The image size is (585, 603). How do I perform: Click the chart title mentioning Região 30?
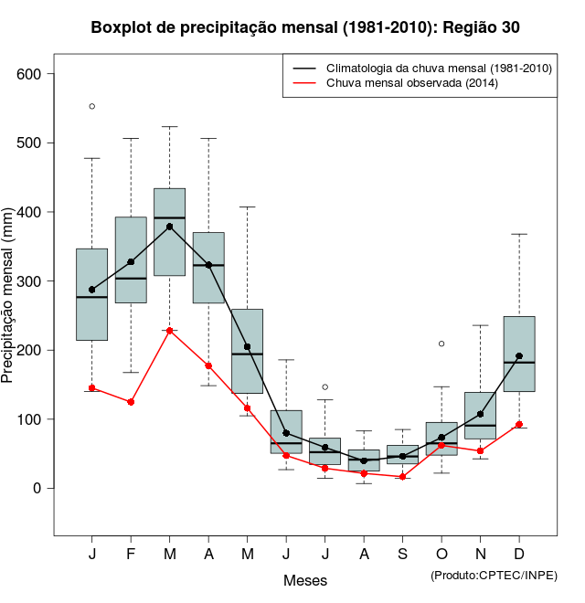[305, 27]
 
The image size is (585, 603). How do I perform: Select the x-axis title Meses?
[305, 580]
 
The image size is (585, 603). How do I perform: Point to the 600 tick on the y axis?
[37, 74]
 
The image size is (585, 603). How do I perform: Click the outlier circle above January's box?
[92, 106]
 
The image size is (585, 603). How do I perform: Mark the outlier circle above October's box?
[441, 344]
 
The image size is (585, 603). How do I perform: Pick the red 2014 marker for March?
[170, 331]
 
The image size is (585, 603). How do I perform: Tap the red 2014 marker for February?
[131, 402]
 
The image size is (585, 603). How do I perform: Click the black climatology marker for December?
[519, 356]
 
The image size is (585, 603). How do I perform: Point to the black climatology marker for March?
[170, 227]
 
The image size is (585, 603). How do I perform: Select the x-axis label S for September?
[402, 555]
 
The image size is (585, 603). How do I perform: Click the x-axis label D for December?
[519, 555]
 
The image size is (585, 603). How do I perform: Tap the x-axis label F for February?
[131, 555]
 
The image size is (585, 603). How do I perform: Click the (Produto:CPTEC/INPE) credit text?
[494, 575]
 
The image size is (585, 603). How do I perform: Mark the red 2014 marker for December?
[519, 425]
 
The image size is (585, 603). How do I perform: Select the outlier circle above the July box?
[325, 387]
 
